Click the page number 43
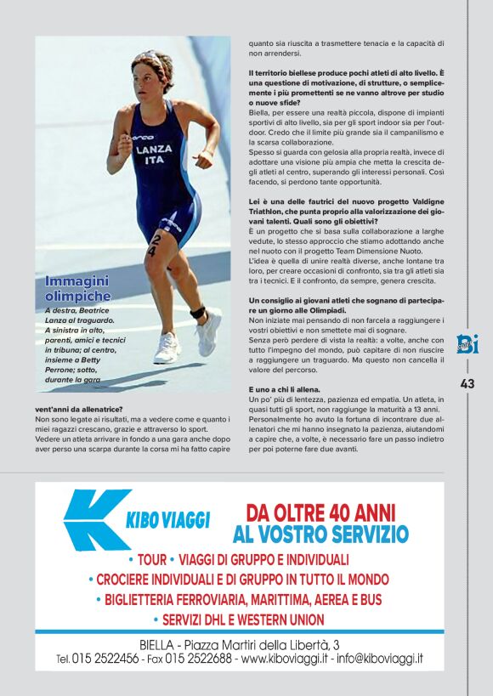pyautogui.click(x=467, y=383)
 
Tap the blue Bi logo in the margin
pyautogui.click(x=467, y=344)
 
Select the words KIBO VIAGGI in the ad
pyautogui.click(x=167, y=519)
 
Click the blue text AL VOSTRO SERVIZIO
pyautogui.click(x=320, y=535)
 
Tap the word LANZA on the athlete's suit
pyautogui.click(x=153, y=149)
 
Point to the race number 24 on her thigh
pyautogui.click(x=151, y=247)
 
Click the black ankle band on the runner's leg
pyautogui.click(x=198, y=312)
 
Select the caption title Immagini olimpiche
pyautogui.click(x=77, y=288)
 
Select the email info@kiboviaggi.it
pyautogui.click(x=379, y=659)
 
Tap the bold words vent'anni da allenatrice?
pyautogui.click(x=79, y=409)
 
